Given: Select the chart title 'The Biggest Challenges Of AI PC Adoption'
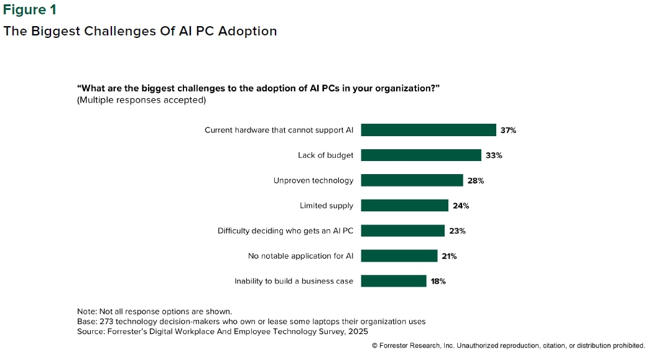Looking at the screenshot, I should point(140,31).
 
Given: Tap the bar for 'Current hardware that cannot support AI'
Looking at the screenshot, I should point(428,130).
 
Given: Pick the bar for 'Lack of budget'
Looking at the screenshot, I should point(421,155).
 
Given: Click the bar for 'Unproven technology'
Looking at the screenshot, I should point(412,180).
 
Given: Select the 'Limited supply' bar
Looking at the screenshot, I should point(404,206).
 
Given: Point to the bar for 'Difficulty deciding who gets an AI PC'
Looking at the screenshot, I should point(402,231).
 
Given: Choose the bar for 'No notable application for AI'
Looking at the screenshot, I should point(399,256).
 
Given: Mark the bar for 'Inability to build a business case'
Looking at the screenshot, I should point(393,281).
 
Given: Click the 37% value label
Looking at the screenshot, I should point(508,131).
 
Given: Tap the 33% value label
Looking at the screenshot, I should point(494,155).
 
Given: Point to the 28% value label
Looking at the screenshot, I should point(476,181).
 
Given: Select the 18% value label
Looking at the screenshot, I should point(438,281).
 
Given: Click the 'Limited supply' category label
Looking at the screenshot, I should point(326,206).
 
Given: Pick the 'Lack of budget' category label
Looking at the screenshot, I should point(325,155).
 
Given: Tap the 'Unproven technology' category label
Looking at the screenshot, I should point(313,180).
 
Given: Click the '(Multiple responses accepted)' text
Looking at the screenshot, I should point(141,99).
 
